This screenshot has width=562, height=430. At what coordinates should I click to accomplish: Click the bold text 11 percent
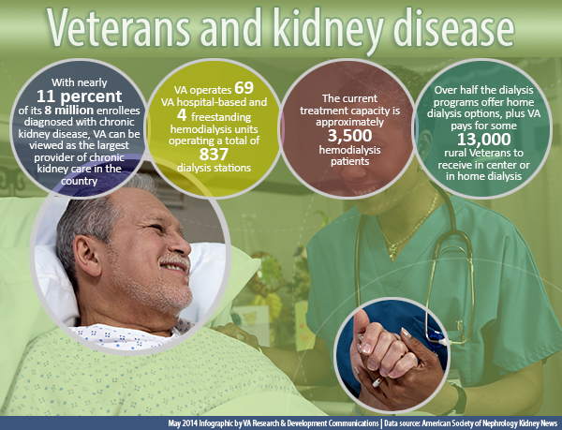pos(80,96)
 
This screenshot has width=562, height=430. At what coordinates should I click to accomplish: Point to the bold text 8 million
pos(69,110)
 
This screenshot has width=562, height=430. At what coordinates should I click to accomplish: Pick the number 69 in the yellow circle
pos(244,88)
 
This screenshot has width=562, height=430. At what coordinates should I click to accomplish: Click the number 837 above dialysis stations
pos(214,154)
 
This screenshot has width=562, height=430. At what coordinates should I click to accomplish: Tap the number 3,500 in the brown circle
pos(349,136)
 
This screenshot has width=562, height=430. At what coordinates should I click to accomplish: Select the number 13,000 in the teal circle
pos(484,139)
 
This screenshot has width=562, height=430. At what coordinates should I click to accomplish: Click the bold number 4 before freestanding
pos(182,114)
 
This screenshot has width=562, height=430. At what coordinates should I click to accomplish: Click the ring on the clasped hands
pos(377,383)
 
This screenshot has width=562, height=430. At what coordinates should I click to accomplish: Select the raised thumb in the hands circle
pos(361,321)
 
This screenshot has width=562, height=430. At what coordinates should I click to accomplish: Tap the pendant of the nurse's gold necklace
pos(393,251)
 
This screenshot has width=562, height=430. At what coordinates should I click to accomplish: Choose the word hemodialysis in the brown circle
pos(349,150)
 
